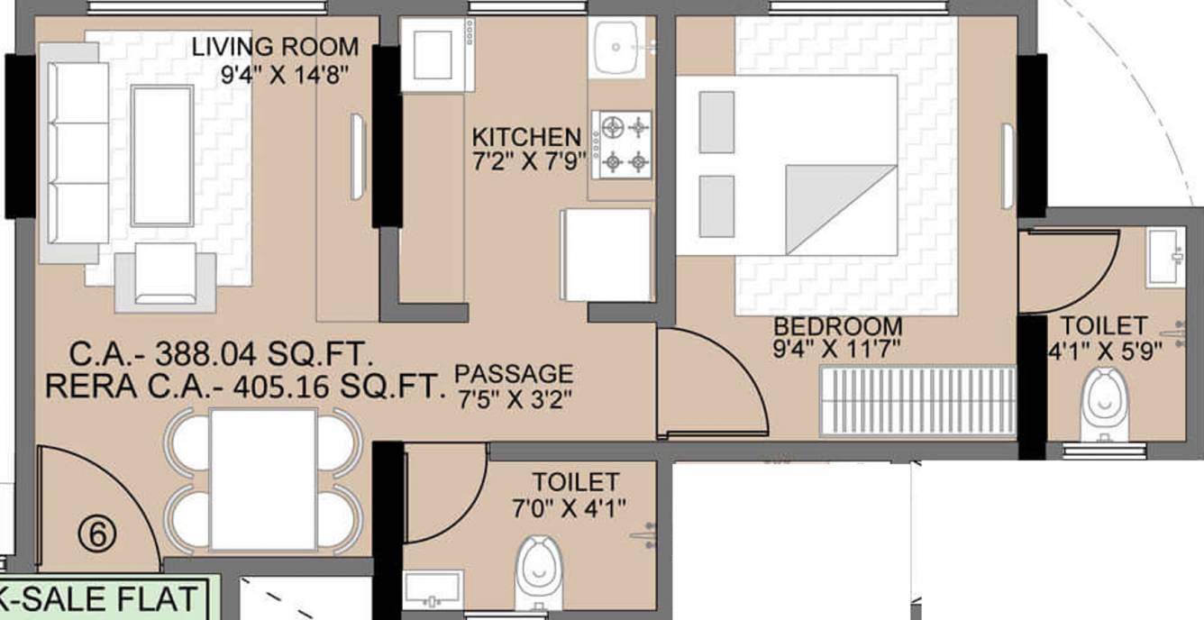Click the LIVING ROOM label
275,47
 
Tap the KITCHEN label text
526,137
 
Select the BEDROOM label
837,326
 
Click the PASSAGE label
514,374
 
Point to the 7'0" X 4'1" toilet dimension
569,507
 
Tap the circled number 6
97,534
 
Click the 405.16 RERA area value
280,387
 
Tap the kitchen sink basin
616,47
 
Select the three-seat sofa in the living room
74,153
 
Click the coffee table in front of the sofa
162,155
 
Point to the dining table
263,479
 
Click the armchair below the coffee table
166,279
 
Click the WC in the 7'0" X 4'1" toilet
539,573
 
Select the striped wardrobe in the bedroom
917,401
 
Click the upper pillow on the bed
716,122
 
